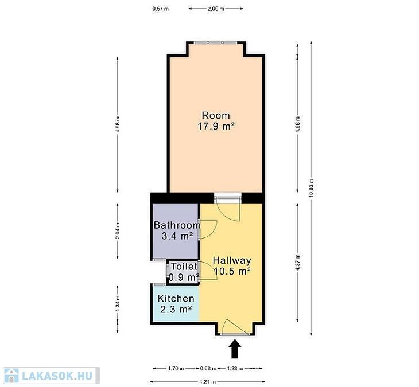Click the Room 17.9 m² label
216,120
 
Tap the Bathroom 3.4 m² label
177,230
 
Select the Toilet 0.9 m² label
184,272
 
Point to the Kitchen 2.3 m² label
176,304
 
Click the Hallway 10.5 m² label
232,265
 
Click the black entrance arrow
235,349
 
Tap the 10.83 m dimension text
311,188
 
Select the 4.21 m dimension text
207,382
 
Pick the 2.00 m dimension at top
216,9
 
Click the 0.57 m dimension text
160,9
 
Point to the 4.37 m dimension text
298,262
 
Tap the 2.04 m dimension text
118,230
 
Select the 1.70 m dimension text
176,369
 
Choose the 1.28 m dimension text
235,369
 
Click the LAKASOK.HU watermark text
57,376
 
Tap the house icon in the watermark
11,376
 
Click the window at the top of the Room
215,42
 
